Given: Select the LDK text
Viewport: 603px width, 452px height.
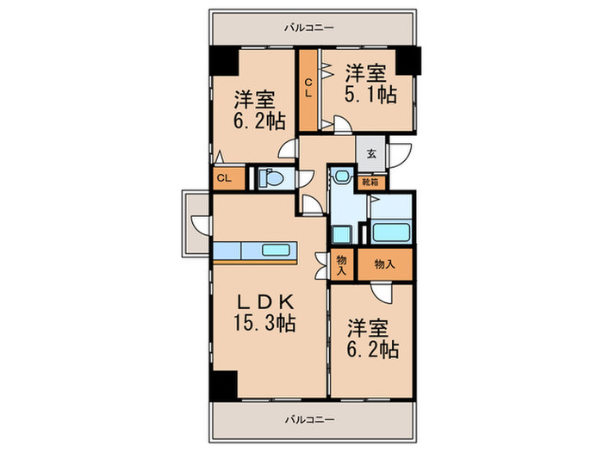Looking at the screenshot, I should (x=268, y=303).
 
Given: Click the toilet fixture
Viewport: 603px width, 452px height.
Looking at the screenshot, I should (x=271, y=179).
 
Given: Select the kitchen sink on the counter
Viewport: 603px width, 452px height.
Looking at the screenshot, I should (x=276, y=251).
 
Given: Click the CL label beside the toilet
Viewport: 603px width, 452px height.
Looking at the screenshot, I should (x=222, y=179).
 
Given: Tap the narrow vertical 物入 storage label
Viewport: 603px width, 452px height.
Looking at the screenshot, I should (x=341, y=264).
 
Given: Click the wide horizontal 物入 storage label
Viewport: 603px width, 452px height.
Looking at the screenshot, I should (x=385, y=265).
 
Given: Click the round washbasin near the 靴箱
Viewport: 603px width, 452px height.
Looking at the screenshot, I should (x=342, y=177).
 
